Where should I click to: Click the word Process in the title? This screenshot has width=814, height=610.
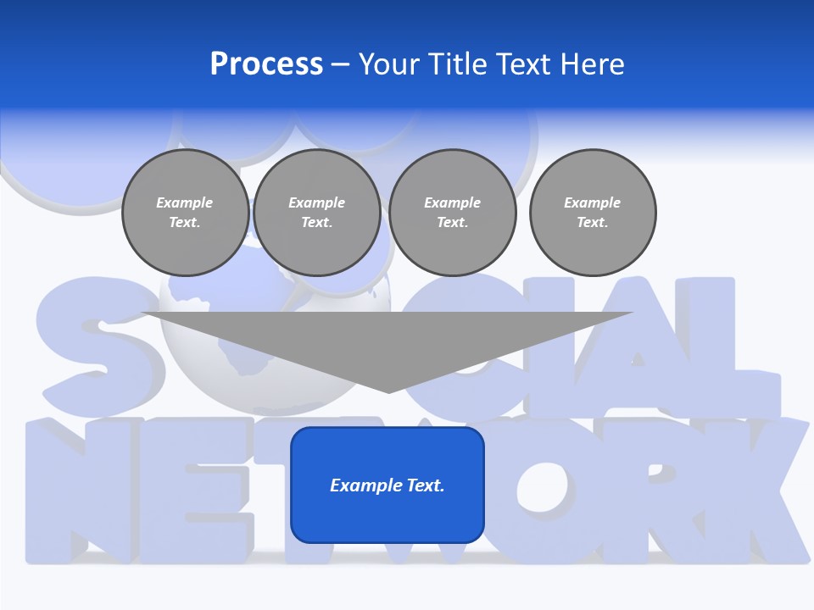click(266, 64)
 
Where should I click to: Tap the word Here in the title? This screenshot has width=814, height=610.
click(592, 64)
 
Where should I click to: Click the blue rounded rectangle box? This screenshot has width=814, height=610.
click(387, 517)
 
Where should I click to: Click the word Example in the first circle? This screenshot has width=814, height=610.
click(185, 202)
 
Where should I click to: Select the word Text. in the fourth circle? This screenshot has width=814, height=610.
click(593, 223)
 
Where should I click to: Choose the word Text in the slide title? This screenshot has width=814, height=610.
click(521, 64)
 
